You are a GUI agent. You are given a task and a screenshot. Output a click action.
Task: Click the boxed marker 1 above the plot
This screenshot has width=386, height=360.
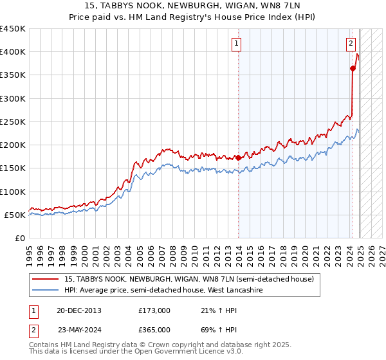[x=237, y=44]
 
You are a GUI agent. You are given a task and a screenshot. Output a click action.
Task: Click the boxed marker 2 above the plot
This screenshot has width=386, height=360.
[x=351, y=44]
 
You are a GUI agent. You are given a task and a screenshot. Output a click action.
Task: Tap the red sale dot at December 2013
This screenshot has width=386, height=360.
[x=238, y=157]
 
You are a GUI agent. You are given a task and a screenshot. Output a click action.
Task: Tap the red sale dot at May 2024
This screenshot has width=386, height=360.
[x=353, y=69]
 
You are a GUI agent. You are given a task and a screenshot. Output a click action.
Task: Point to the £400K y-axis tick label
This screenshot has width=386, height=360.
[x=13, y=52]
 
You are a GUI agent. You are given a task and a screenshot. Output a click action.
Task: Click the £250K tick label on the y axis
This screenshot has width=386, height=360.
[x=13, y=122]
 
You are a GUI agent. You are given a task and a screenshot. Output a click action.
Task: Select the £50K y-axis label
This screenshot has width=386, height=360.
[x=15, y=215]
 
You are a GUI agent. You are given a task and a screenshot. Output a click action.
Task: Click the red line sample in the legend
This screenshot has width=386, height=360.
[x=46, y=279]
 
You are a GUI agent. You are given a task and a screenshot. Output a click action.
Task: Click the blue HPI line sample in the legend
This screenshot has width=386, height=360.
[x=46, y=291]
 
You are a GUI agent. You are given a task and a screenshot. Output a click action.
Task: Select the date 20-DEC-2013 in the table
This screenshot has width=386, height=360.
[x=79, y=310]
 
